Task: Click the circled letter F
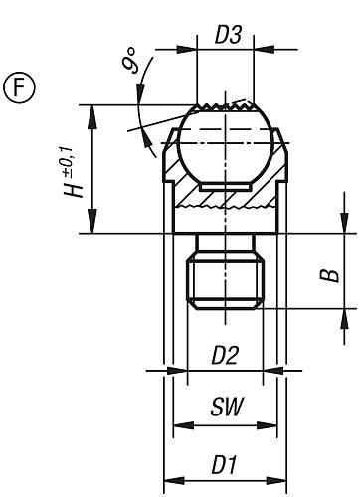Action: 19,86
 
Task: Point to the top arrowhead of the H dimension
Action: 92,109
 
